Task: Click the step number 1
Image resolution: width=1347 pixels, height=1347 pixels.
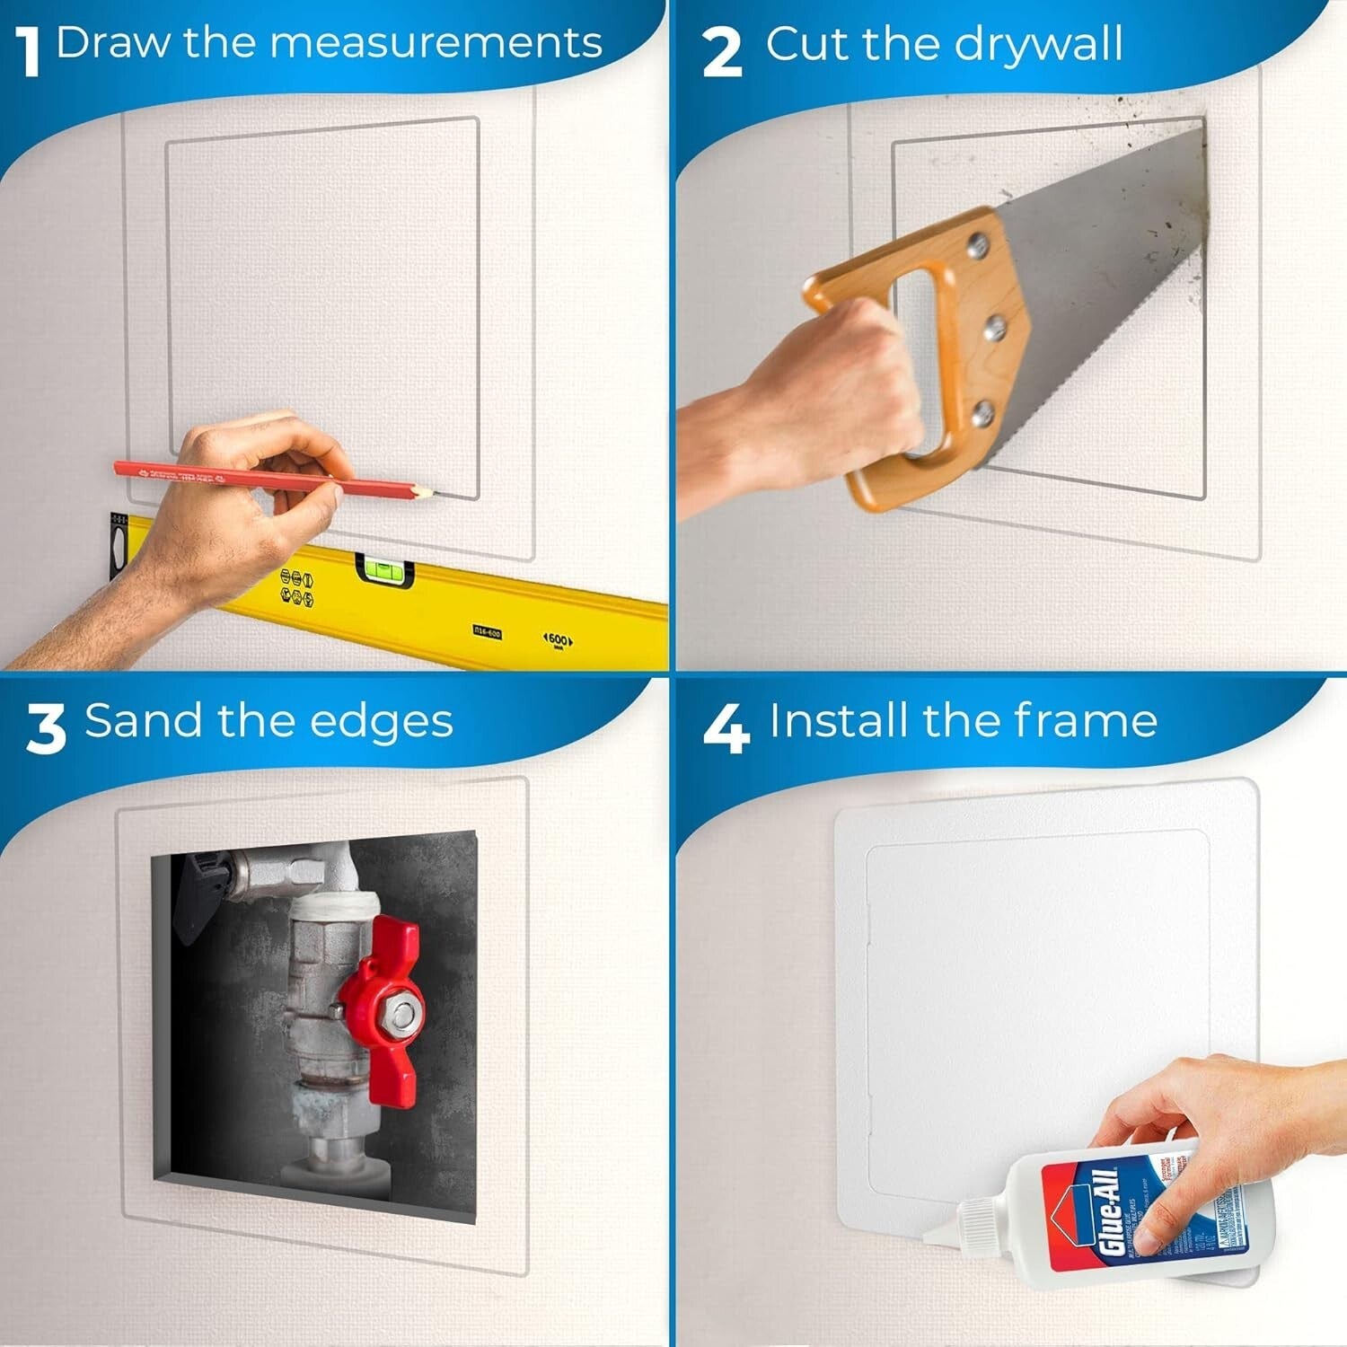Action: (x=31, y=51)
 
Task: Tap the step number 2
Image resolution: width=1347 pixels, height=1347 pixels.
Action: (x=722, y=51)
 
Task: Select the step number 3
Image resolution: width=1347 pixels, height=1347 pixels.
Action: (x=46, y=728)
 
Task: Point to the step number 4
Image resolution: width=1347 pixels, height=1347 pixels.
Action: (x=726, y=728)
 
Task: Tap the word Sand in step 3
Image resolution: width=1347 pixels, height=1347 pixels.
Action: (x=143, y=721)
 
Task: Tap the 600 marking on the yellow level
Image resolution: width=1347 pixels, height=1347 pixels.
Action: (x=558, y=639)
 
